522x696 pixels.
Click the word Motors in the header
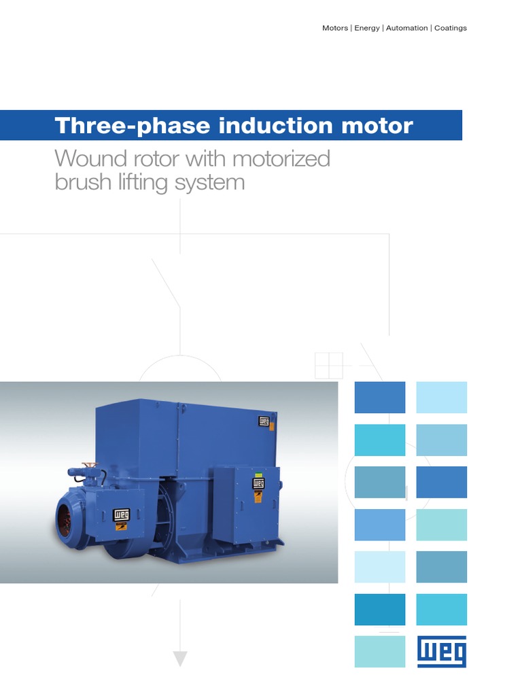click(x=335, y=28)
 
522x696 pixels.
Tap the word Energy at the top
click(x=367, y=28)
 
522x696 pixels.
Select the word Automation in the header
click(x=406, y=28)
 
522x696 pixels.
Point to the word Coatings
click(x=451, y=28)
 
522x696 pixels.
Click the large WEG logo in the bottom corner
click(x=441, y=652)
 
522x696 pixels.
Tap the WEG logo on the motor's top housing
click(x=264, y=421)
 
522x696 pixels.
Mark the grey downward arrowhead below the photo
click(x=179, y=657)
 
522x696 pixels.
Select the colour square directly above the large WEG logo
click(x=441, y=609)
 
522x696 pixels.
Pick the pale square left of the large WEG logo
click(x=379, y=652)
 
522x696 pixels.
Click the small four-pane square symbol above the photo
click(x=329, y=366)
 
